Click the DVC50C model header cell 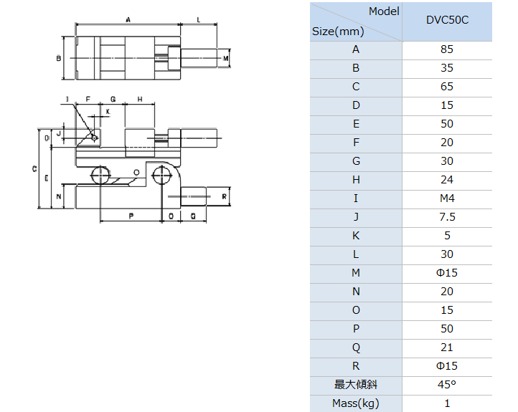pos(447,20)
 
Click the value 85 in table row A pos(447,49)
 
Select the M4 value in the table pos(447,198)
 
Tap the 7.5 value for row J pos(447,217)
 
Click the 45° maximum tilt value pos(447,385)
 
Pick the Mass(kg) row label pos(356,403)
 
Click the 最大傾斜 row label pos(356,385)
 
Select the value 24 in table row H pos(447,180)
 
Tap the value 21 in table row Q pos(447,348)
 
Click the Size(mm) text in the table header pos(338,32)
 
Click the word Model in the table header pos(384,11)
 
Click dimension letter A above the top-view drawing pos(128,20)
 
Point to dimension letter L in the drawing pos(199,20)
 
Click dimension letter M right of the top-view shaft pos(225,58)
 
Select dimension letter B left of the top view pos(59,59)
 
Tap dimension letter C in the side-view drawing pos(34,169)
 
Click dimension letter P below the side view pos(131,216)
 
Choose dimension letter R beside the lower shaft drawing pos(225,197)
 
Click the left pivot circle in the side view pos(100,175)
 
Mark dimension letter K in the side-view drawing pos(108,112)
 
